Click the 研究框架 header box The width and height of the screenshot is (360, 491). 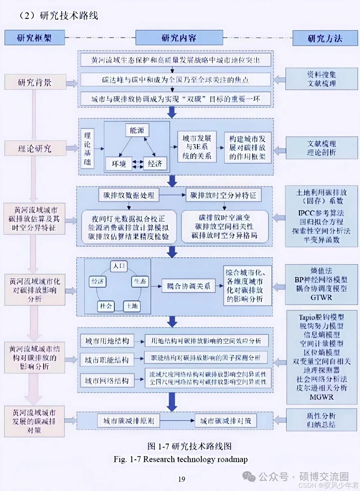click(34, 38)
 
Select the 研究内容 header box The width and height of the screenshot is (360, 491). click(179, 38)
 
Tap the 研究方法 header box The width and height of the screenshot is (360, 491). click(325, 38)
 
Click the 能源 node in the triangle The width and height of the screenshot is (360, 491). click(137, 130)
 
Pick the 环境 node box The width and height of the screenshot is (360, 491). click(119, 164)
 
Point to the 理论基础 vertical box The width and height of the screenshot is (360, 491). click(87, 149)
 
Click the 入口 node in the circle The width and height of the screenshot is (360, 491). click(119, 266)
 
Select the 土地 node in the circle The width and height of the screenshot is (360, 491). click(132, 306)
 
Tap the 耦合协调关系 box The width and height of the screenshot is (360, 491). click(188, 286)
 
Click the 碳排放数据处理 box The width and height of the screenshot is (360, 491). click(129, 195)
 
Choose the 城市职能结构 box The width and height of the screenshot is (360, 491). click(107, 360)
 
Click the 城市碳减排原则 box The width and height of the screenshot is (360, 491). click(129, 421)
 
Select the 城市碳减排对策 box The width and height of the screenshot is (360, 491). click(226, 421)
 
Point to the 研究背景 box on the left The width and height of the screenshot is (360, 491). click(35, 82)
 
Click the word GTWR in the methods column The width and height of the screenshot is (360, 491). click(321, 297)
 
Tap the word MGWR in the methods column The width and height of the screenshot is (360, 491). click(321, 397)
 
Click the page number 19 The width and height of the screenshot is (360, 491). click(182, 479)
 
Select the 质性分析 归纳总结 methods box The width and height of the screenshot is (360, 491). click(321, 420)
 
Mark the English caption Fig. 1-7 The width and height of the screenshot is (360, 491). click(180, 459)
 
